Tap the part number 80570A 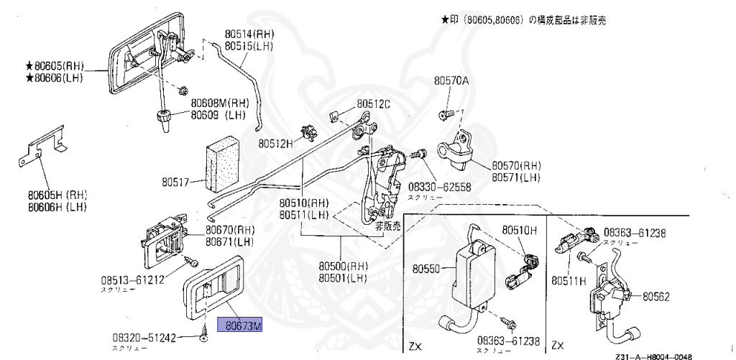451,81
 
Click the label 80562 656,295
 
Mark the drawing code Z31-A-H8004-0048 654,356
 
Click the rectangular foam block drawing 221,167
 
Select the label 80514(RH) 249,33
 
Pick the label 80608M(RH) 220,103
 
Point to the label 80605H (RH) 57,194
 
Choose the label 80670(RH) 230,230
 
